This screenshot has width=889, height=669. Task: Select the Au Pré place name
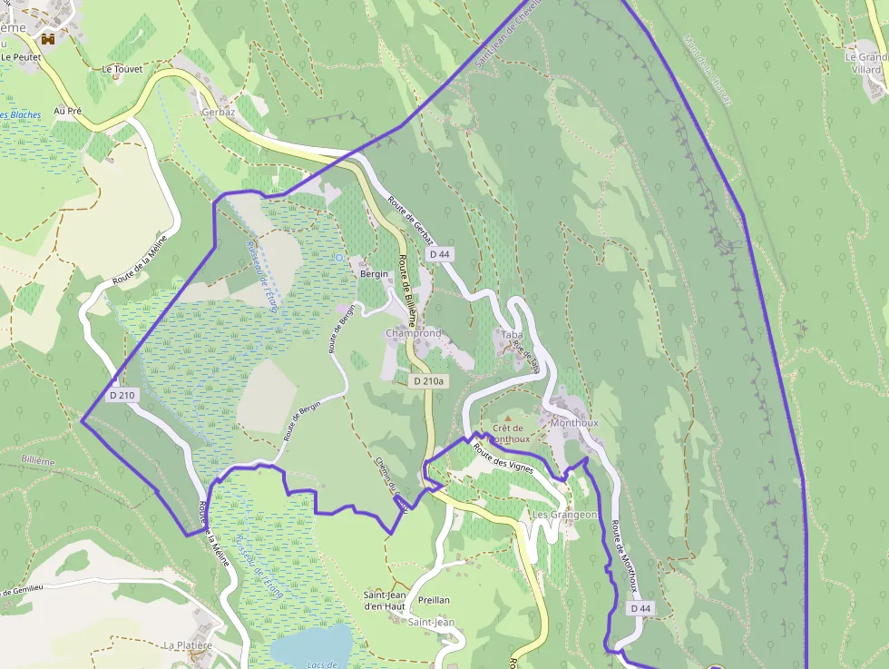(68, 111)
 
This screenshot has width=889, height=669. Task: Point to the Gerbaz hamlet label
(219, 112)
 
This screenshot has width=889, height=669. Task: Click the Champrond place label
(413, 334)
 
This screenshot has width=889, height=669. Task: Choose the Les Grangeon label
(565, 515)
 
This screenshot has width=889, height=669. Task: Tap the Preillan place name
(435, 600)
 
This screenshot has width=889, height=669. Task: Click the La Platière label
(188, 645)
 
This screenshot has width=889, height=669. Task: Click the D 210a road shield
(428, 381)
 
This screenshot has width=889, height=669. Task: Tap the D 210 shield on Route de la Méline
(122, 395)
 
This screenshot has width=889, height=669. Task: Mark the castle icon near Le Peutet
(48, 39)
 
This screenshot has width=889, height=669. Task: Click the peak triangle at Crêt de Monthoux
(507, 418)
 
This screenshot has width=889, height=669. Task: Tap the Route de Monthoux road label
(622, 555)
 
